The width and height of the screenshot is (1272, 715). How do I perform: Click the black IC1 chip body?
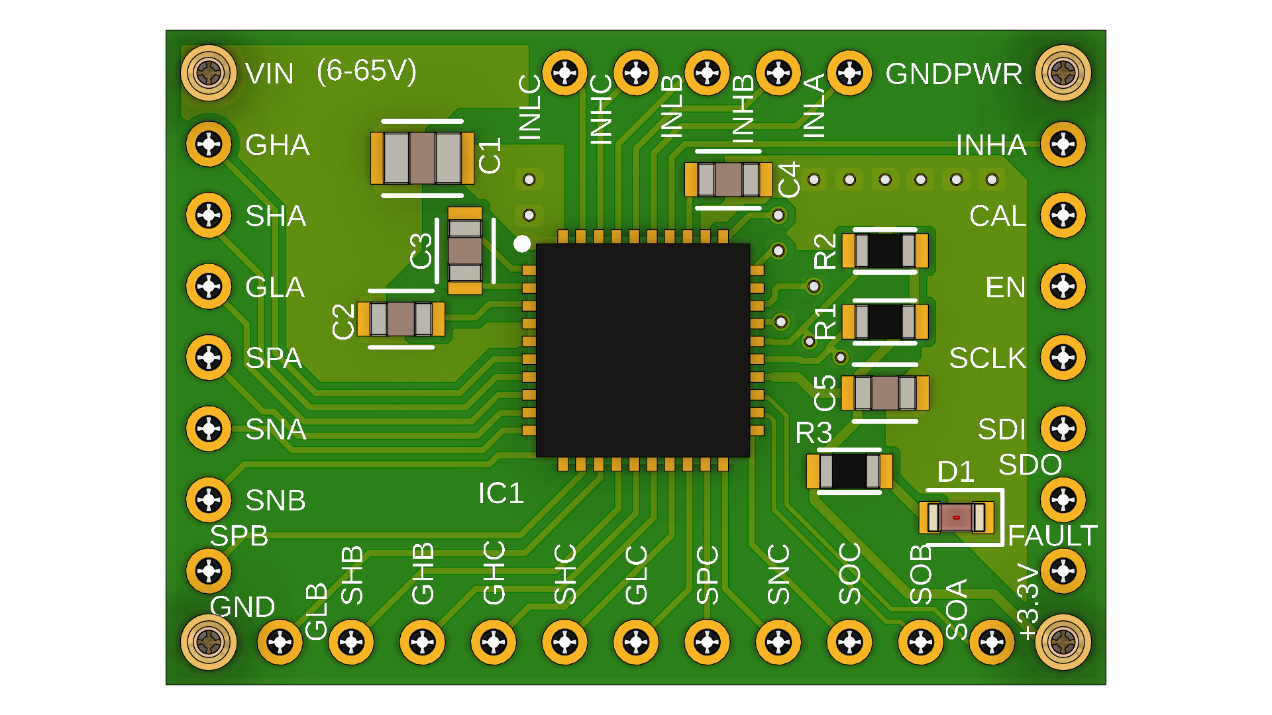[643, 350]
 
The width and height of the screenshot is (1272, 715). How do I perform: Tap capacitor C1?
[422, 158]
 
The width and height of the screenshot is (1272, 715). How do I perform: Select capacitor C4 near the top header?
[728, 179]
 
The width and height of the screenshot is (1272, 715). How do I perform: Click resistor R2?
[884, 250]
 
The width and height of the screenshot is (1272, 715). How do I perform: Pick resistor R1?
[884, 322]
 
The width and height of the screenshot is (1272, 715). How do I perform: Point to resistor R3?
[849, 471]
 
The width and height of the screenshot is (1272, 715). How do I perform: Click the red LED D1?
[956, 517]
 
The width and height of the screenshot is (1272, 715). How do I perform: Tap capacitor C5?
[884, 393]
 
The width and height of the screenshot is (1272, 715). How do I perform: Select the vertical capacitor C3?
[465, 250]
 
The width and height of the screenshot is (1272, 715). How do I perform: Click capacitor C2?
[401, 319]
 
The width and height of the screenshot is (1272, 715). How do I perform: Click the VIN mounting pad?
[209, 73]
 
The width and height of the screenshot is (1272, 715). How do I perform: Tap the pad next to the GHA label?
[209, 144]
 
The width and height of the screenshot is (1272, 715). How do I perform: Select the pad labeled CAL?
[1063, 215]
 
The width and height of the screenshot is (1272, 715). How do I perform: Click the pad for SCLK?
[1063, 358]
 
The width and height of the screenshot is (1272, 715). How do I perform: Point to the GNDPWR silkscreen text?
[953, 74]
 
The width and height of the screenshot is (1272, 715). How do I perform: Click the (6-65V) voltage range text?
[366, 71]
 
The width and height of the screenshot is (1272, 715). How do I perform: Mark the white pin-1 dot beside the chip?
[522, 244]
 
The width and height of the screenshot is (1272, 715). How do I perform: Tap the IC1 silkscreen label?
[501, 493]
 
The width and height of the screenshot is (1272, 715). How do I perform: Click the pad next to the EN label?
[1063, 287]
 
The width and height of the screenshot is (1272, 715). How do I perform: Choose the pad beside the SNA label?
[209, 428]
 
